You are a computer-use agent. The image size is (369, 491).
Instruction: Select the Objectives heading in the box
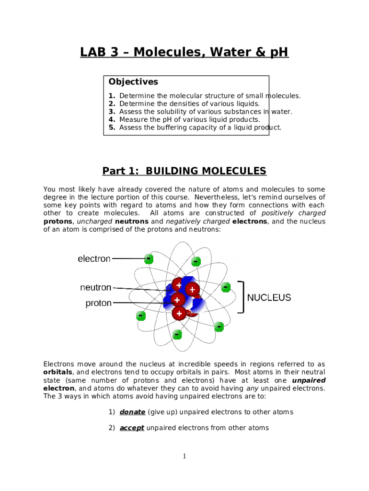pos(133,82)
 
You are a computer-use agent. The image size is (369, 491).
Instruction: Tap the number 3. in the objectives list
pos(112,112)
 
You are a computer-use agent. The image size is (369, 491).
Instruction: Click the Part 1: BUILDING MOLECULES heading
pos(184,171)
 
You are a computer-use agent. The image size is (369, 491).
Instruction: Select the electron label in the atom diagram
pos(94,259)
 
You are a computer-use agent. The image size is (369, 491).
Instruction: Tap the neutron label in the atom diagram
pos(95,288)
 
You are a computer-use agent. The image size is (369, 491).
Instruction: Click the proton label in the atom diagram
pos(98,303)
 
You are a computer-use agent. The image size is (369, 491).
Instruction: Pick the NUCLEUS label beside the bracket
pos(269,298)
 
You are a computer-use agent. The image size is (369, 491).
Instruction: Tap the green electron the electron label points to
pos(149,259)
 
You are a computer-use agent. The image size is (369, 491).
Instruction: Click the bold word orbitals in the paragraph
pos(58,372)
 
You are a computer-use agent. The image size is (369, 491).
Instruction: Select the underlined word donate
pos(132,412)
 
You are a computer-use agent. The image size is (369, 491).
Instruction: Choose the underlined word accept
pos(132,428)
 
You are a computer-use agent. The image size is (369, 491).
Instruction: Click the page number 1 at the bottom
pos(184,456)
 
